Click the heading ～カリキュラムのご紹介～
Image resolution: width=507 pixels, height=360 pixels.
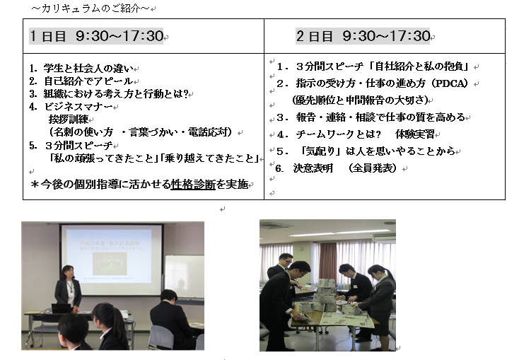click(91, 8)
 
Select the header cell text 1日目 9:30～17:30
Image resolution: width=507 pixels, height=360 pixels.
click(96, 35)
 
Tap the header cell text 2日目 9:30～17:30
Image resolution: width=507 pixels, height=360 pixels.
click(363, 35)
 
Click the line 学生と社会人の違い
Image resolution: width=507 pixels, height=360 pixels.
click(88, 69)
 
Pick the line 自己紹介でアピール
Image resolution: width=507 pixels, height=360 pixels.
click(88, 81)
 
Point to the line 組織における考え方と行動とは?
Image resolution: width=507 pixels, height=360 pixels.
click(116, 94)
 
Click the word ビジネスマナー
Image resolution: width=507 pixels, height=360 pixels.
click(78, 106)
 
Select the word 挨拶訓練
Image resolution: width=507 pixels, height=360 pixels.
click(68, 120)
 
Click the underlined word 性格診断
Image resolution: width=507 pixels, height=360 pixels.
click(193, 184)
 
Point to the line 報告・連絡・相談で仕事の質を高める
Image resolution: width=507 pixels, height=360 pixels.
click(380, 117)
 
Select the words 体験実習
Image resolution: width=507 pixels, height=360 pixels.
click(414, 134)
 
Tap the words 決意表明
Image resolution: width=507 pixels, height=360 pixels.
click(313, 168)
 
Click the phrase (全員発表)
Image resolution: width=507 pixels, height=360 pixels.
click(373, 168)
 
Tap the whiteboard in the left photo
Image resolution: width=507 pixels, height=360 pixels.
click(185, 277)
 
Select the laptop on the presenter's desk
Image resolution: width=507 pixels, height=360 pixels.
click(61, 308)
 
